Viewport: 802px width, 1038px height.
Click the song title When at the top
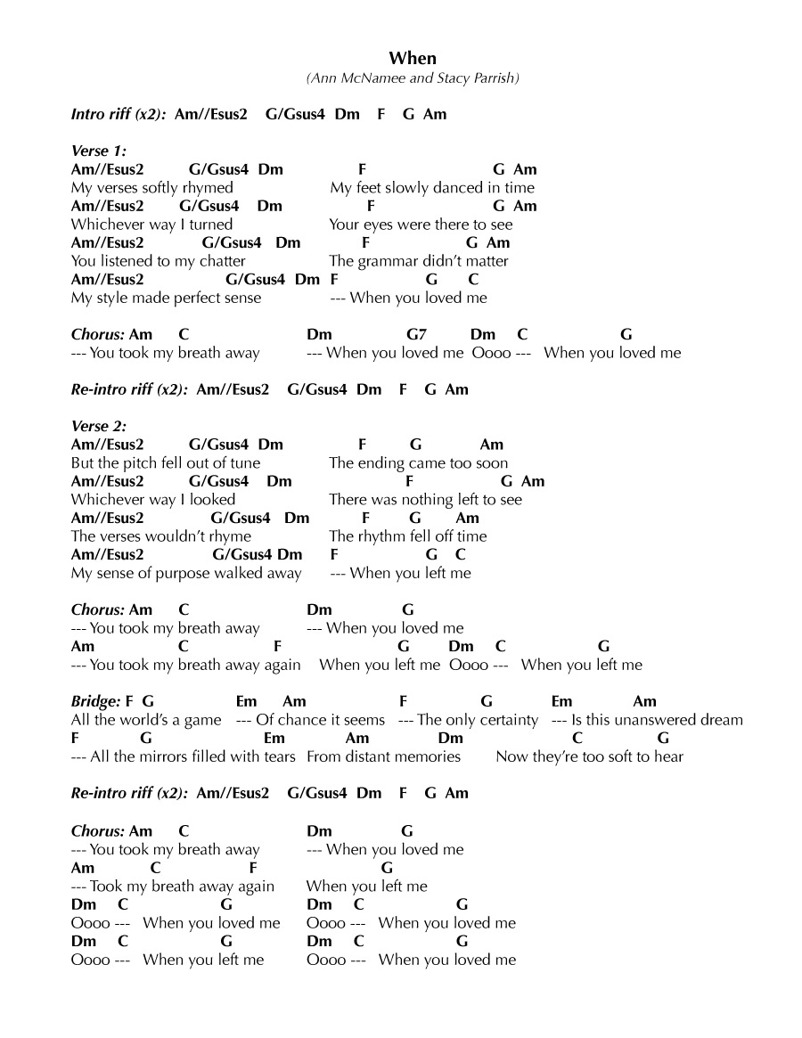tap(413, 59)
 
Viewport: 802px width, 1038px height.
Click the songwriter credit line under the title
tap(413, 78)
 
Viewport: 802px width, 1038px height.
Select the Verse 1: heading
tap(99, 151)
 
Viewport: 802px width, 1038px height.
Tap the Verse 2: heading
tap(99, 426)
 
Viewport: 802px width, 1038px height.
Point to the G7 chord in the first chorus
tap(417, 335)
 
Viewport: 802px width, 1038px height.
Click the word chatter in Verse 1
tap(218, 261)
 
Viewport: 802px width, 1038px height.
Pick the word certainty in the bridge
tap(503, 720)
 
